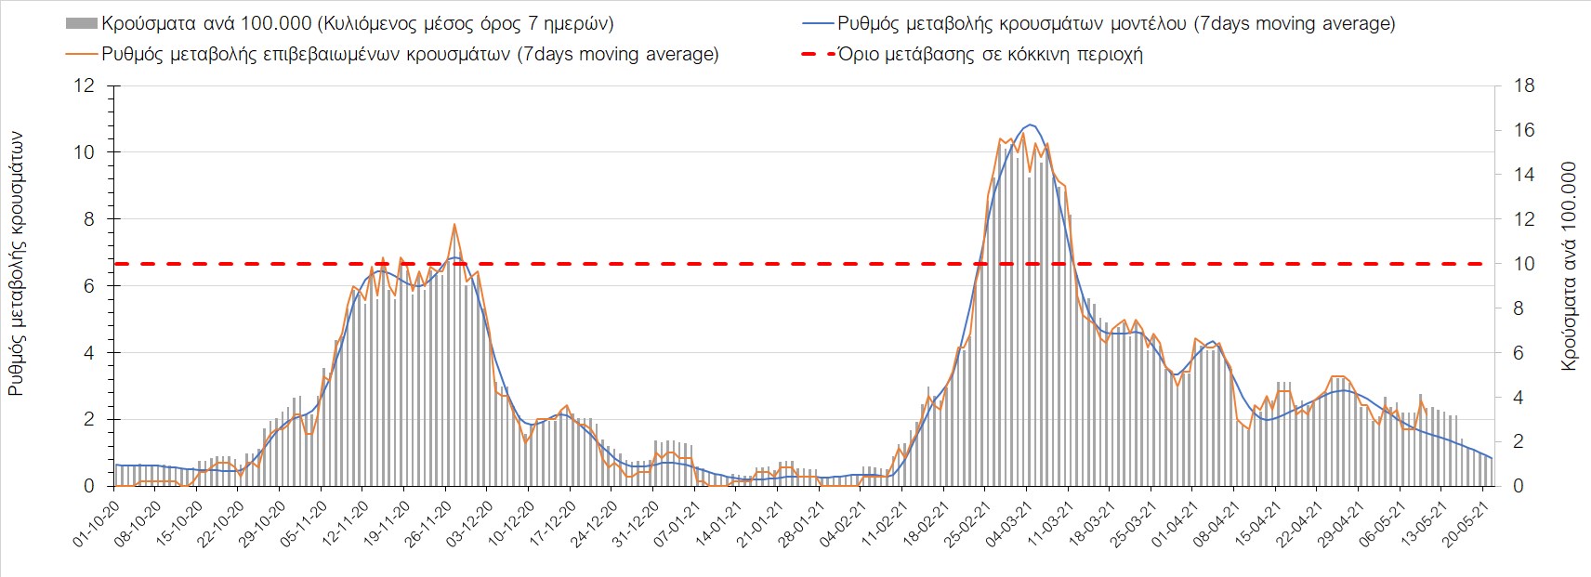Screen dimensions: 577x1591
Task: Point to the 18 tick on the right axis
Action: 1524,86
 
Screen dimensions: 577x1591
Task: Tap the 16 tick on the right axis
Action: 1524,131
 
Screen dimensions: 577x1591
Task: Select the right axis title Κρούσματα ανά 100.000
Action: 1569,267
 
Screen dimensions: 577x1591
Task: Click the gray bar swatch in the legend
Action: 82,23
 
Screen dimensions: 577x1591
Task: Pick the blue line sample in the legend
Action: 816,23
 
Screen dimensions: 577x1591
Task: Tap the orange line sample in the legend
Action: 82,54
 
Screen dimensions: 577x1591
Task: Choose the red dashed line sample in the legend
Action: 816,54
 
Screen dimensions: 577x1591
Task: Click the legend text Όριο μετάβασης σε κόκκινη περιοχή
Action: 990,54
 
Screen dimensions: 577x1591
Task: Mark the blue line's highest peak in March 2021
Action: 1029,125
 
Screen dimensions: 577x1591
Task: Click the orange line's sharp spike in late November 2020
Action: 454,224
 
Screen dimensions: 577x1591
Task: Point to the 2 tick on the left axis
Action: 89,420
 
